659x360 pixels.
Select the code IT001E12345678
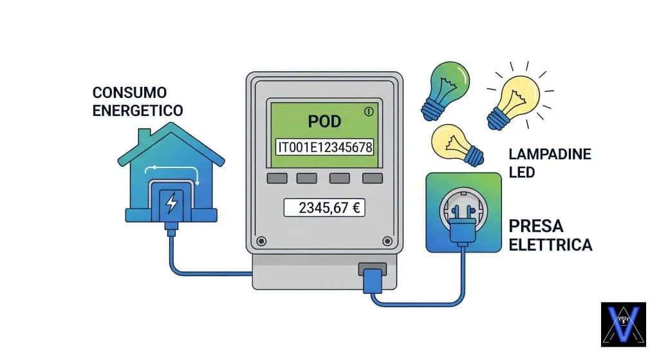click(324, 147)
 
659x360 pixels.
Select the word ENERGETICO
click(138, 110)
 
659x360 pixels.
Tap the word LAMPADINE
click(549, 155)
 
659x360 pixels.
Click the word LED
click(521, 173)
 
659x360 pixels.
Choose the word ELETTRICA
click(550, 245)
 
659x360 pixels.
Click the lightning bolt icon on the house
click(171, 203)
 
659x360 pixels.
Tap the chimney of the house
click(144, 137)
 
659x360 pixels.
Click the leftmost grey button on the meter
click(277, 178)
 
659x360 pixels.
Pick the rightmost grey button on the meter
click(372, 178)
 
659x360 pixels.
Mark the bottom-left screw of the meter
click(261, 242)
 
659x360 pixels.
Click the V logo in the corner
click(623, 324)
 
